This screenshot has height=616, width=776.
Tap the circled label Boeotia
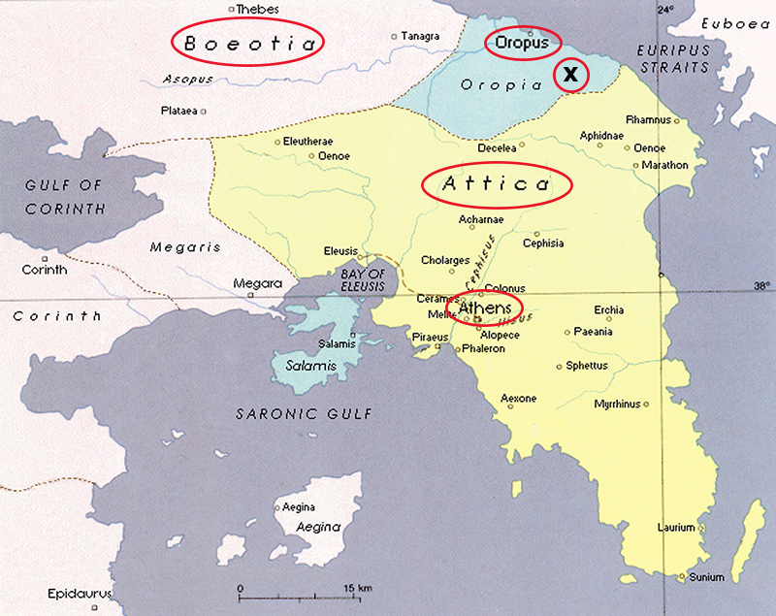pos(248,43)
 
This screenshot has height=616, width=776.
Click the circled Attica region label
pos(496,183)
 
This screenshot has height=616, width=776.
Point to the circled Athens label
pos(484,308)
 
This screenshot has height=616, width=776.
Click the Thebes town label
pos(257,9)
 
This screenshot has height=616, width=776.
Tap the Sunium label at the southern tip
pos(706,577)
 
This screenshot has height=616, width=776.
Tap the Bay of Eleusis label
pos(362,279)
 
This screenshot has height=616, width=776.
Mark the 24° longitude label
pos(664,10)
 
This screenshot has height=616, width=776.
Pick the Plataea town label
pos(179,111)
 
